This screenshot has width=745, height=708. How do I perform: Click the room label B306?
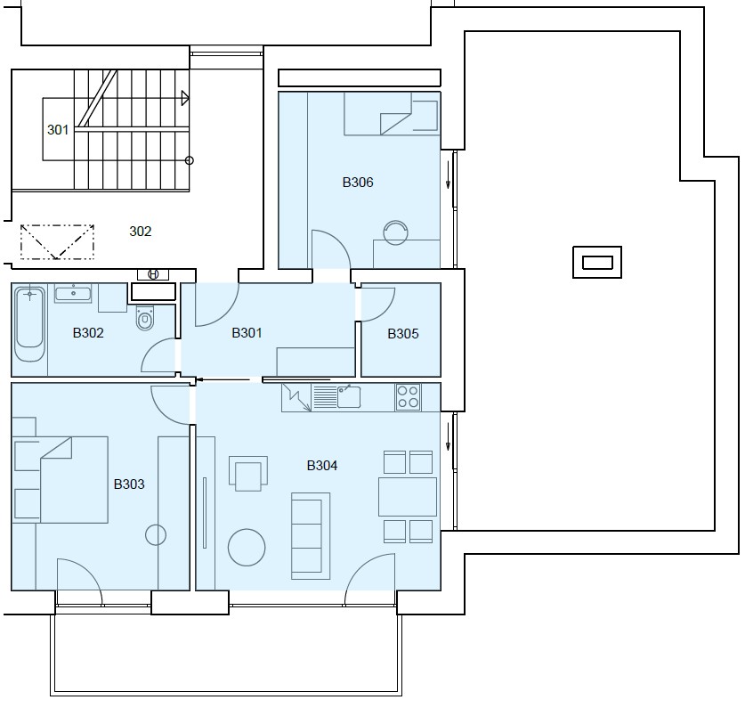[358, 182]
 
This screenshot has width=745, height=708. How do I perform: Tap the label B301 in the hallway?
[247, 333]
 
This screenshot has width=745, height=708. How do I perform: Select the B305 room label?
[403, 334]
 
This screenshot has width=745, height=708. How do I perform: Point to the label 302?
[140, 231]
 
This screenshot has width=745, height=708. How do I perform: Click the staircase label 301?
[58, 130]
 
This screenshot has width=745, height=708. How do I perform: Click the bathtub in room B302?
[30, 324]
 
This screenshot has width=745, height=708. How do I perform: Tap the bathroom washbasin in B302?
[73, 293]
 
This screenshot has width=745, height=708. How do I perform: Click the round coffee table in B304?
[247, 548]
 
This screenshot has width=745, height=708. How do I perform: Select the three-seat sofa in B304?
[311, 536]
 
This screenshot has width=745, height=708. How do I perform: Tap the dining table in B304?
[408, 497]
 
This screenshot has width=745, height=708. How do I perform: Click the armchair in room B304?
[248, 474]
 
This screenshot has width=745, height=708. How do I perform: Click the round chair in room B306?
[396, 233]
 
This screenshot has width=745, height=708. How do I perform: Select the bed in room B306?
[392, 114]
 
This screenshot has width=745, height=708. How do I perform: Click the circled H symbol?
[153, 274]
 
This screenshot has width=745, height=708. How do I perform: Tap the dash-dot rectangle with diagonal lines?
[57, 242]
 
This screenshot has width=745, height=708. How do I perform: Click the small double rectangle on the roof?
[597, 262]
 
